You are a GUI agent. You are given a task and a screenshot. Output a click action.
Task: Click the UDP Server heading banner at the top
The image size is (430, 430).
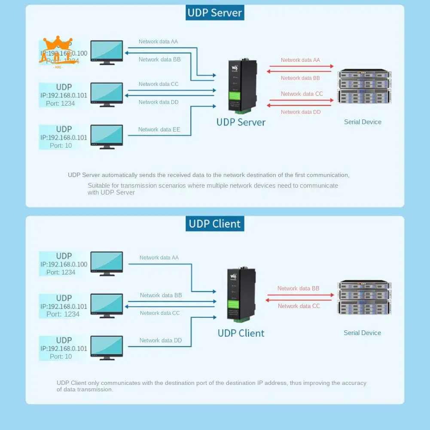pyautogui.click(x=215, y=13)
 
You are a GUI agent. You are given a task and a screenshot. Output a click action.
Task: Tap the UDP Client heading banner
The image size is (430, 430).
pyautogui.click(x=215, y=224)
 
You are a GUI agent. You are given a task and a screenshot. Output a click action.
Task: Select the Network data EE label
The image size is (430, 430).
pyautogui.click(x=159, y=130)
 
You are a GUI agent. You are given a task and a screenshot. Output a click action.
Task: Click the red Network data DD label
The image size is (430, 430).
pyautogui.click(x=301, y=112)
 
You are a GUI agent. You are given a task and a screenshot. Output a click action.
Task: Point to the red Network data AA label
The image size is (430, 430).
pyautogui.click(x=300, y=60)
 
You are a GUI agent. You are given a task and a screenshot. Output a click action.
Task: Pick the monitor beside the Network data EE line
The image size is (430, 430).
pyautogui.click(x=107, y=136)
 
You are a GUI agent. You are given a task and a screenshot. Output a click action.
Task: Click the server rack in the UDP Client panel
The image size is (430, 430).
pyautogui.click(x=365, y=297)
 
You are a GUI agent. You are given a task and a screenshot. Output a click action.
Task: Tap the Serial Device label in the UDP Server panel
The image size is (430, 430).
pyautogui.click(x=363, y=122)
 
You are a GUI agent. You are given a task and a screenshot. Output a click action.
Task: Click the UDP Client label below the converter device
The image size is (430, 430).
pyautogui.click(x=241, y=333)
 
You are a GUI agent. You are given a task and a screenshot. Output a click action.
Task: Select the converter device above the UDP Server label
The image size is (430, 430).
pyautogui.click(x=241, y=86)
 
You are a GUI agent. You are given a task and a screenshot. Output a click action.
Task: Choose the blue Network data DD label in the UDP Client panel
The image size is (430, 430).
pyautogui.click(x=161, y=341)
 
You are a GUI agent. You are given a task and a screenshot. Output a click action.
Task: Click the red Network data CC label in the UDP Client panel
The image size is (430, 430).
pyautogui.click(x=299, y=306)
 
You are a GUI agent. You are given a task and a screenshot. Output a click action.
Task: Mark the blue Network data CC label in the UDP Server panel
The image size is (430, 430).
pyautogui.click(x=159, y=84)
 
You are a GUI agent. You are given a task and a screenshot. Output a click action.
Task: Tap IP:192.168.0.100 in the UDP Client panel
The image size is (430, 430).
pyautogui.click(x=64, y=265)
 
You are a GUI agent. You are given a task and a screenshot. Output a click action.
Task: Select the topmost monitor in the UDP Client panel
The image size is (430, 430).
pyautogui.click(x=107, y=263)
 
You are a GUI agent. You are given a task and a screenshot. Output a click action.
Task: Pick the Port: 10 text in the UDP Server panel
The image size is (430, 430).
pyautogui.click(x=61, y=146)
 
